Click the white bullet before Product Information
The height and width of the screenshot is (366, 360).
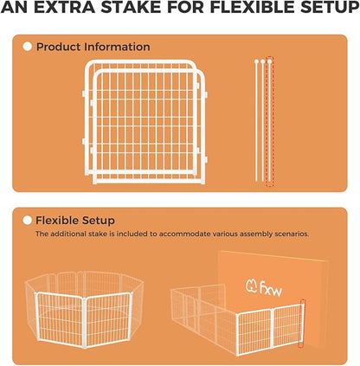point(28,47)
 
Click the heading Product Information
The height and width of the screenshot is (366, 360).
point(93,47)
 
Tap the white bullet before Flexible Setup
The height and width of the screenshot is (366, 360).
point(28,221)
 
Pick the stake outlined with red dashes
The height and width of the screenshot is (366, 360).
point(269,121)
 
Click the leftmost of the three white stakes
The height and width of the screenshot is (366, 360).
point(257,121)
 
